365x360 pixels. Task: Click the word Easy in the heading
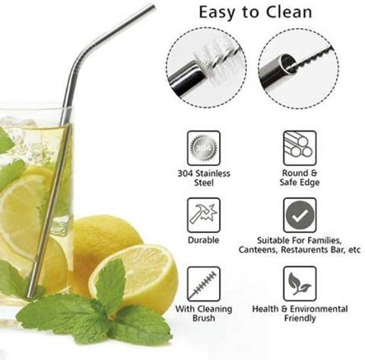click(x=217, y=13)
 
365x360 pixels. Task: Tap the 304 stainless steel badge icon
click(x=204, y=148)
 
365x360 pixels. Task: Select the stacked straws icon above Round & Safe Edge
click(x=300, y=148)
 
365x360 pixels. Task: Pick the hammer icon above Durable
click(x=204, y=215)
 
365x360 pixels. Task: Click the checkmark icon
click(x=300, y=215)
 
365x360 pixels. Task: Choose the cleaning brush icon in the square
click(x=204, y=284)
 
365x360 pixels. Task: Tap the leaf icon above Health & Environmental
click(x=300, y=284)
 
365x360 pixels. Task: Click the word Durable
click(x=204, y=240)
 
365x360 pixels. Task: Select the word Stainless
click(x=213, y=174)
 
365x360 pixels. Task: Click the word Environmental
click(x=319, y=309)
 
